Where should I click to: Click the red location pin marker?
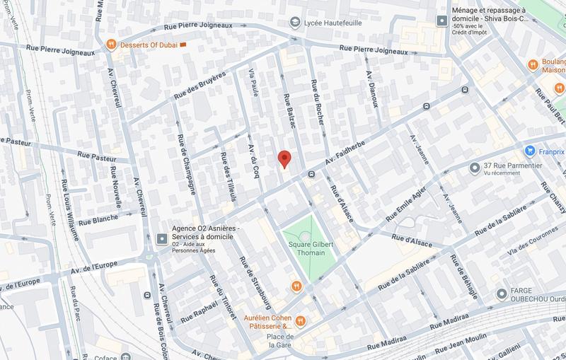pyautogui.click(x=284, y=159)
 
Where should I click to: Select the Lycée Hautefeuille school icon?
pyautogui.click(x=293, y=23)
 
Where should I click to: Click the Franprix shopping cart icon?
pyautogui.click(x=529, y=150)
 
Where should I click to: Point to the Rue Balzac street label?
pyautogui.click(x=288, y=112)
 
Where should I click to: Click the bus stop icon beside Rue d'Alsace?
pyautogui.click(x=311, y=174)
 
